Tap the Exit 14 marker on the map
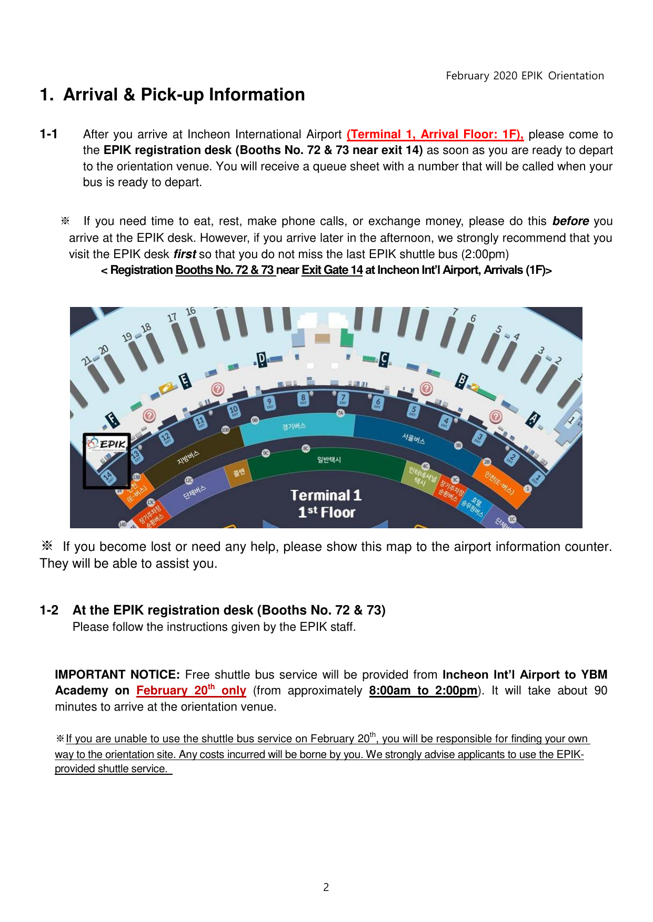click(108, 477)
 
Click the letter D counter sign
click(262, 359)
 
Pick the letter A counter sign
click(533, 419)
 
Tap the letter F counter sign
click(112, 419)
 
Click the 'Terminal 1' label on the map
click(326, 496)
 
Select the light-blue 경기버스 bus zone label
click(294, 426)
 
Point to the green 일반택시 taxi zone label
click(329, 459)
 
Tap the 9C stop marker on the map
click(266, 453)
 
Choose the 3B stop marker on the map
click(458, 445)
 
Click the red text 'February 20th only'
click(191, 691)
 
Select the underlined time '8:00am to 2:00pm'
click(423, 691)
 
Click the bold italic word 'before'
click(570, 221)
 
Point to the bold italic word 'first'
click(185, 254)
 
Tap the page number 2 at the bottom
click(326, 887)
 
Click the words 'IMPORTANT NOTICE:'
click(117, 675)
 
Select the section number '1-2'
click(49, 610)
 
